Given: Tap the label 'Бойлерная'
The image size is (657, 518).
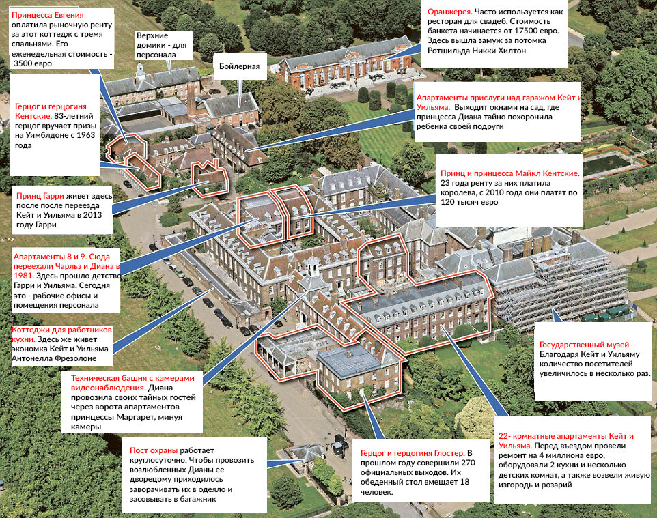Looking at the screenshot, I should coord(239,67).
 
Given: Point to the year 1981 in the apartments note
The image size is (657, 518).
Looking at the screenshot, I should coord(24,276).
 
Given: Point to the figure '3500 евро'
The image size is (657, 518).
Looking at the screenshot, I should coord(33,63).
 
